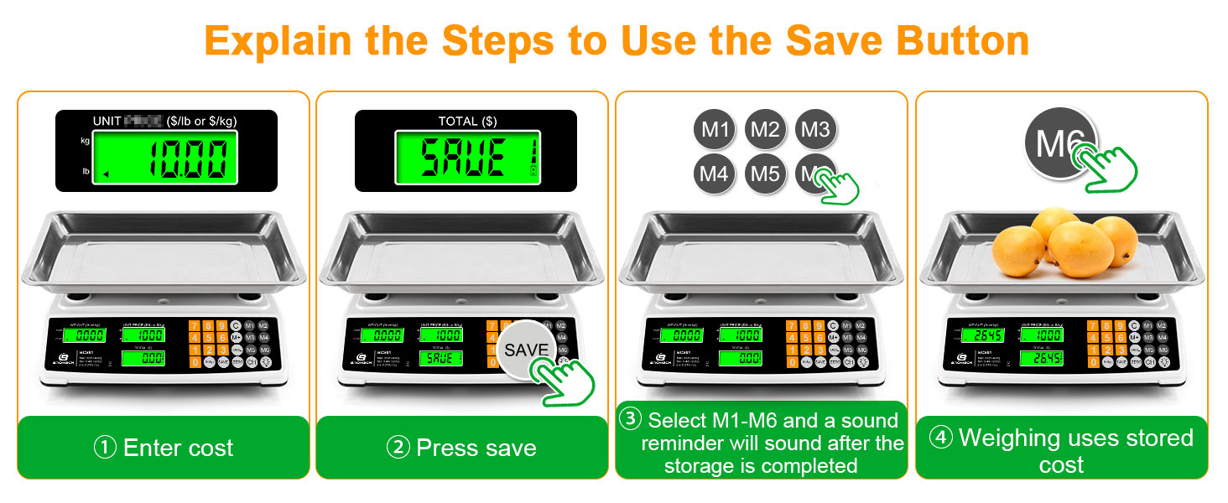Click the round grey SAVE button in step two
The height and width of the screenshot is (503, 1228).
click(x=526, y=350)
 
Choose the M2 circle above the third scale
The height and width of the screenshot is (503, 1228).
click(x=765, y=129)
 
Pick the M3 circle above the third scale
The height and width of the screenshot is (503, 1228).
click(x=814, y=129)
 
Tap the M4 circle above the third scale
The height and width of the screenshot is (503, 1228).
click(x=714, y=174)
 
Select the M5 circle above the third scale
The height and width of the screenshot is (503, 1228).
click(x=765, y=174)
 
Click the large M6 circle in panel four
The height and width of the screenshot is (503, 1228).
click(x=1057, y=144)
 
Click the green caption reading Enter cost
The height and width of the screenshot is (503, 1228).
click(x=164, y=448)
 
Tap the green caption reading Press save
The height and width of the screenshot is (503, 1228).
click(x=461, y=448)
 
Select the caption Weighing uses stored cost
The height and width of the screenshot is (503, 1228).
click(x=1062, y=449)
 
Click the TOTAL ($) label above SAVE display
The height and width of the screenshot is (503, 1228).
click(x=467, y=122)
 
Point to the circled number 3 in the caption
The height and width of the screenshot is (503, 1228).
click(x=630, y=419)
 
